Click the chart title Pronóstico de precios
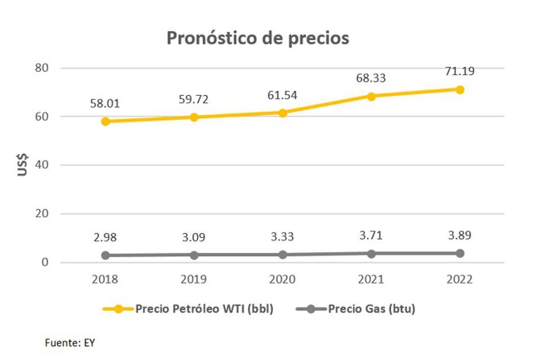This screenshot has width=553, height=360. (258, 38)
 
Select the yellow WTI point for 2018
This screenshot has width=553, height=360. (106, 121)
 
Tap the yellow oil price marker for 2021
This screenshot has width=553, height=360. (371, 96)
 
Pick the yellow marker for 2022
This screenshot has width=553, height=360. (460, 90)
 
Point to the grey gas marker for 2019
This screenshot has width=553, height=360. (194, 255)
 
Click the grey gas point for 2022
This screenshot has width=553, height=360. (460, 253)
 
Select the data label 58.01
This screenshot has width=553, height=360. (105, 104)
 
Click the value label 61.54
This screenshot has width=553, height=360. (282, 95)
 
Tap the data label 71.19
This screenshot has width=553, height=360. (460, 71)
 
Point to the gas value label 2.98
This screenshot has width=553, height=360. (106, 238)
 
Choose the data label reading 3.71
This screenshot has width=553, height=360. (371, 235)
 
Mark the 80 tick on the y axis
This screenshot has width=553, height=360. (43, 68)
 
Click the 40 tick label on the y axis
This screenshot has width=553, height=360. (43, 165)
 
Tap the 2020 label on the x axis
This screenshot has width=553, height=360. (282, 279)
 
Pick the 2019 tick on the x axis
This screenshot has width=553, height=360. (194, 279)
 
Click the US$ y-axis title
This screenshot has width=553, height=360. (23, 165)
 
